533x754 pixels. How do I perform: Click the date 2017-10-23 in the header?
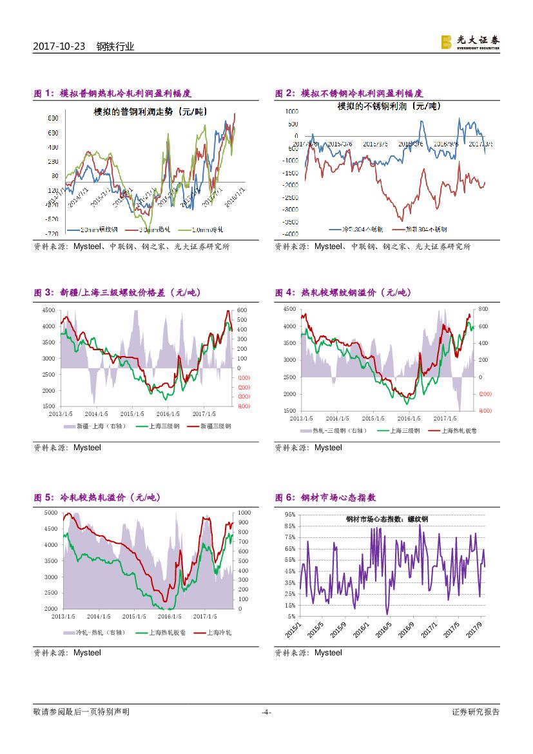click(x=60, y=46)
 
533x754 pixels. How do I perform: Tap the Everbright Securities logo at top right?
click(x=470, y=42)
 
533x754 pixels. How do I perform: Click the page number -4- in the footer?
click(x=266, y=712)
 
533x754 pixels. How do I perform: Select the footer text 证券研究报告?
click(x=476, y=712)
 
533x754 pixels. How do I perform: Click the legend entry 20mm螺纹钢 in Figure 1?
click(x=100, y=230)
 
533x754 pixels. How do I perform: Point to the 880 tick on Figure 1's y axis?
click(x=53, y=118)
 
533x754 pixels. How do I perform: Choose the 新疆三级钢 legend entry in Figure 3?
click(x=215, y=426)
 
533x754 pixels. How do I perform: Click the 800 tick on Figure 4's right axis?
click(x=483, y=310)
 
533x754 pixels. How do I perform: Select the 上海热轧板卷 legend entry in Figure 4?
click(x=456, y=430)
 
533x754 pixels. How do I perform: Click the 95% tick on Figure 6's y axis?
click(x=289, y=515)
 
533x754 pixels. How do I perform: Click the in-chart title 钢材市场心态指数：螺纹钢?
click(x=387, y=519)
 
